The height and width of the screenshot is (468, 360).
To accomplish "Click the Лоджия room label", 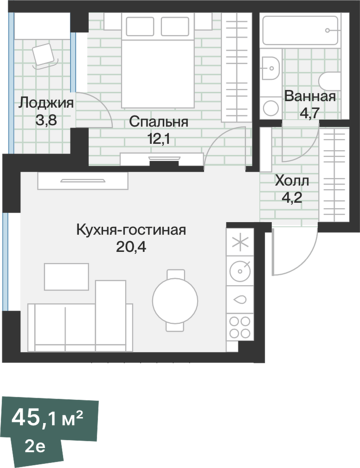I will pyautogui.click(x=46, y=103).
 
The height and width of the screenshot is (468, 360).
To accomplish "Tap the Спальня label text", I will pyautogui.click(x=159, y=122).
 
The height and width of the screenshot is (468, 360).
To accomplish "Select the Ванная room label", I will pyautogui.click(x=310, y=96).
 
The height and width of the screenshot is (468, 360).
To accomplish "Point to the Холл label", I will pyautogui.click(x=292, y=180).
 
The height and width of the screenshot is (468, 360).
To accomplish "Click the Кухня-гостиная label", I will pyautogui.click(x=131, y=230).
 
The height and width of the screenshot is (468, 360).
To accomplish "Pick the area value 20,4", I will pyautogui.click(x=131, y=247).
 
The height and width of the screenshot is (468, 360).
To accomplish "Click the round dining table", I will pyautogui.click(x=175, y=300).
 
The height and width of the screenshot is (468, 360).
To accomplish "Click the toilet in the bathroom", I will pyautogui.click(x=331, y=82).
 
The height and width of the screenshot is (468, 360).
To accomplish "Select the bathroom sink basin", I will pyautogui.click(x=270, y=68).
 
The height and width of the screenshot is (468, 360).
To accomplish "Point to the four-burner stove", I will pyautogui.click(x=240, y=327).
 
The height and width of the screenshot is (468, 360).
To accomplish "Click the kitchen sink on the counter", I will pyautogui.click(x=240, y=299).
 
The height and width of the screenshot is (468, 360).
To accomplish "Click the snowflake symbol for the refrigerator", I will pyautogui.click(x=240, y=243).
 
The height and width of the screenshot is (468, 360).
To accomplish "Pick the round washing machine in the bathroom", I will pyautogui.click(x=270, y=108).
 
